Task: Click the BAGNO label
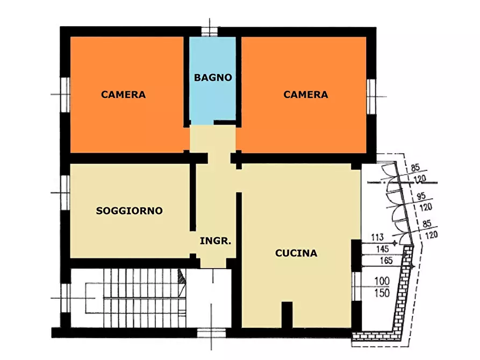coord(213,77)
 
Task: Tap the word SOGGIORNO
coord(129,211)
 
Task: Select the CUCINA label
coord(296,253)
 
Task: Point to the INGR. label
coord(215,241)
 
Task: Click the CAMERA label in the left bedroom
coord(124,94)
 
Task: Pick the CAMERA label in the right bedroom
coord(305,94)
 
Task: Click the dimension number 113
coord(377,237)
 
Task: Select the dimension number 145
coord(382,249)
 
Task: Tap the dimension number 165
coord(386,261)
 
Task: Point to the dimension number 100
coord(382,280)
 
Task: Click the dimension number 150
coord(382,293)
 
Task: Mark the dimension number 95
coord(421,196)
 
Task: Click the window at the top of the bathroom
coord(210,32)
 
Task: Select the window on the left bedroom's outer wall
coord(65,95)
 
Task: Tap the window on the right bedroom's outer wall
coord(371,96)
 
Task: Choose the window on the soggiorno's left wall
coord(65,192)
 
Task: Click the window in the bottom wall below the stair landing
coord(211,333)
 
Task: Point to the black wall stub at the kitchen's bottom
coord(287,315)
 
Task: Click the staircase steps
coord(145,298)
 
